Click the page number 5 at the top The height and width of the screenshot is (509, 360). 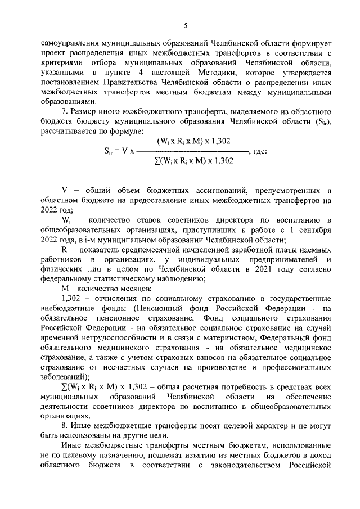click(184, 24)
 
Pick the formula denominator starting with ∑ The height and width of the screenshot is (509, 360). click(193, 161)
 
